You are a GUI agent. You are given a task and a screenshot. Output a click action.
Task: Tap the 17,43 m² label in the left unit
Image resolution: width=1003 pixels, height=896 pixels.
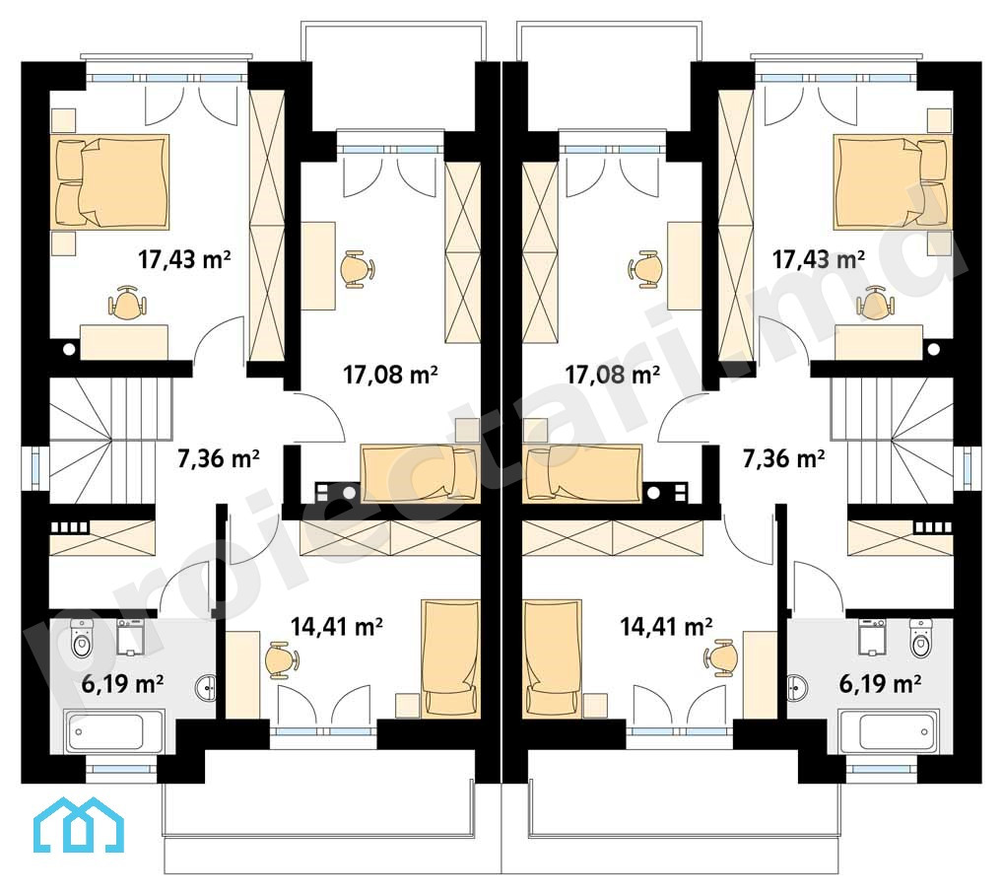[x=184, y=259]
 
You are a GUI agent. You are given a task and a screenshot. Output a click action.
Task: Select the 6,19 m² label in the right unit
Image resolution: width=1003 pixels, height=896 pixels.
[x=880, y=683]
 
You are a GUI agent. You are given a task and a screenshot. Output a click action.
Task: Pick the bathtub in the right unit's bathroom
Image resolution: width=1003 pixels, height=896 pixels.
[x=890, y=730]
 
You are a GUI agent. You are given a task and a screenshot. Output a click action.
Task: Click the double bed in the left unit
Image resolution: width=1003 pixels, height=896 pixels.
[x=113, y=182]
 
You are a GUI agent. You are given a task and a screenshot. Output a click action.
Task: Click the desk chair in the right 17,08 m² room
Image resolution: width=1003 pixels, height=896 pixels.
[x=643, y=269]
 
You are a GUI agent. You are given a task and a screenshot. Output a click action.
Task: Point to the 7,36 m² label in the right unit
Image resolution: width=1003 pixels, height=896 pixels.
[x=783, y=458]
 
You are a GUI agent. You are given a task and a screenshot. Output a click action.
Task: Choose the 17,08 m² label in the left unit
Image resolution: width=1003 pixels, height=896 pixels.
[x=390, y=374]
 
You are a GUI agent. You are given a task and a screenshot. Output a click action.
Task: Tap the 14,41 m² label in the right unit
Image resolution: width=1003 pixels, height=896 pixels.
[x=667, y=625]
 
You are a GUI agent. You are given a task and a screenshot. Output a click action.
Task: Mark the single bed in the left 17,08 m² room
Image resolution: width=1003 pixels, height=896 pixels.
[x=420, y=472]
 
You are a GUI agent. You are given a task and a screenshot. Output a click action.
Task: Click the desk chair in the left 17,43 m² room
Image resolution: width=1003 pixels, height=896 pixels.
[x=128, y=303]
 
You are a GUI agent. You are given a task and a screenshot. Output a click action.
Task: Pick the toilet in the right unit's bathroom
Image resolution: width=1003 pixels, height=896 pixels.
[x=920, y=639]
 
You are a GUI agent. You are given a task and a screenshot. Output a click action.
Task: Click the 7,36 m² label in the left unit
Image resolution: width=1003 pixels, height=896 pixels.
[x=218, y=458]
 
